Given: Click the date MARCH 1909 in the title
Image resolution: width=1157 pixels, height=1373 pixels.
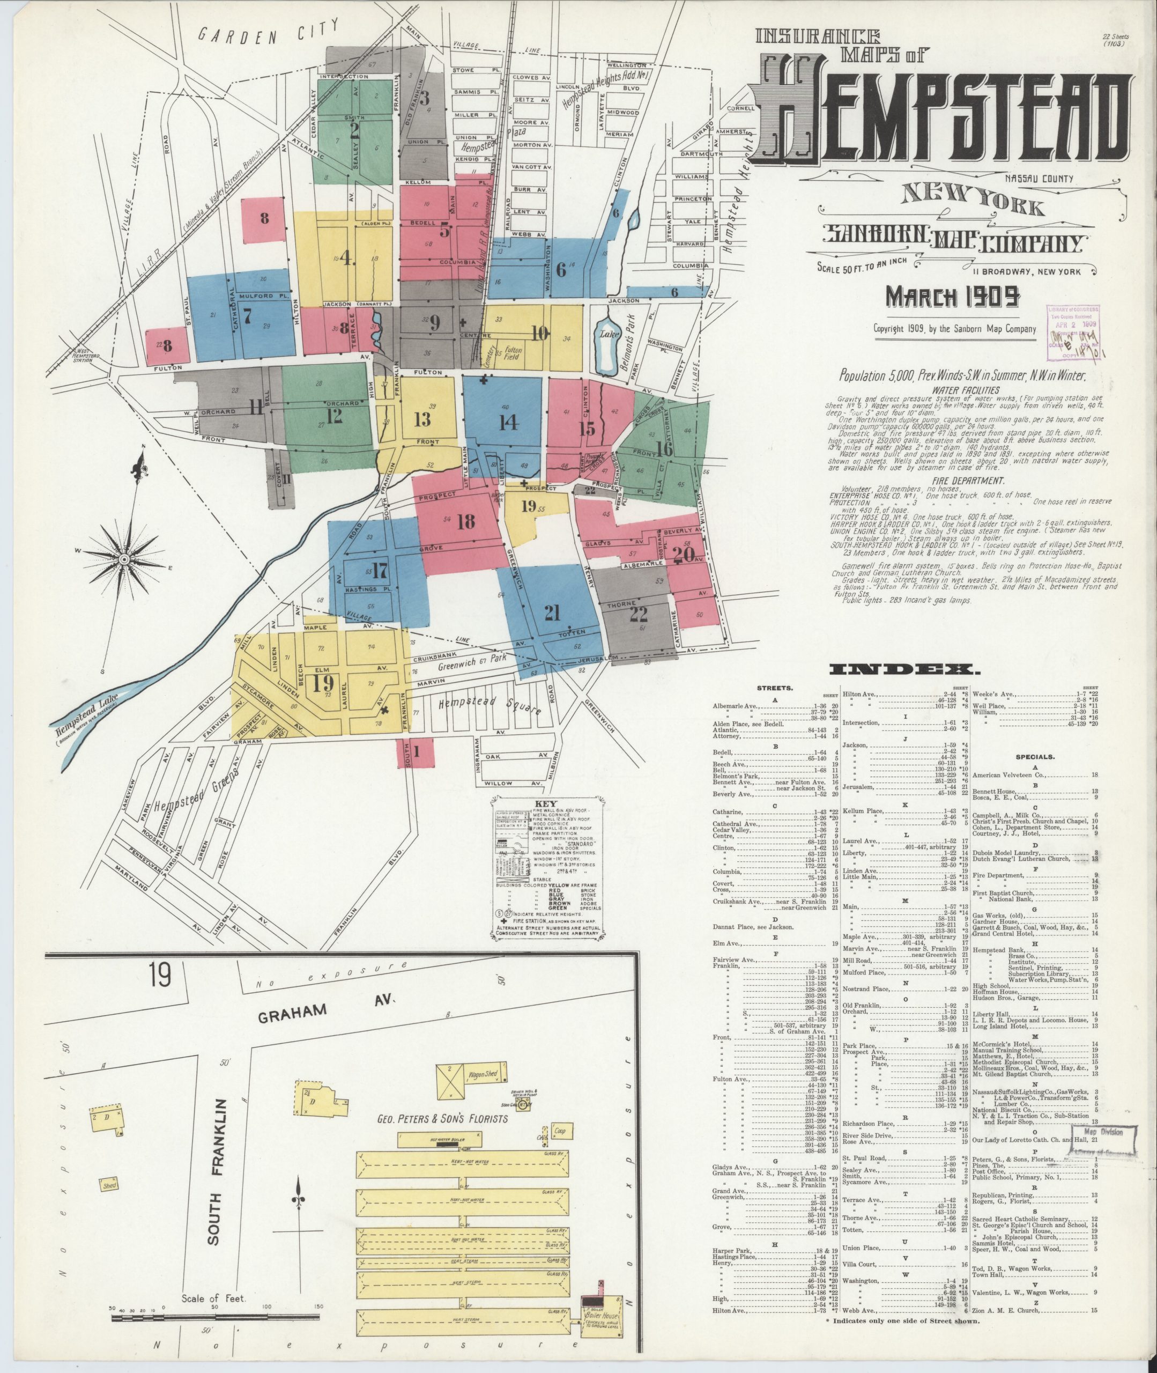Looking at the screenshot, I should click(952, 297).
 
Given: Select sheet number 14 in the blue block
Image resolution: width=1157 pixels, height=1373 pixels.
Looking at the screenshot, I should click(508, 422).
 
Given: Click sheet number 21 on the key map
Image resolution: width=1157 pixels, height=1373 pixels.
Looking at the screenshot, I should click(552, 612).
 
